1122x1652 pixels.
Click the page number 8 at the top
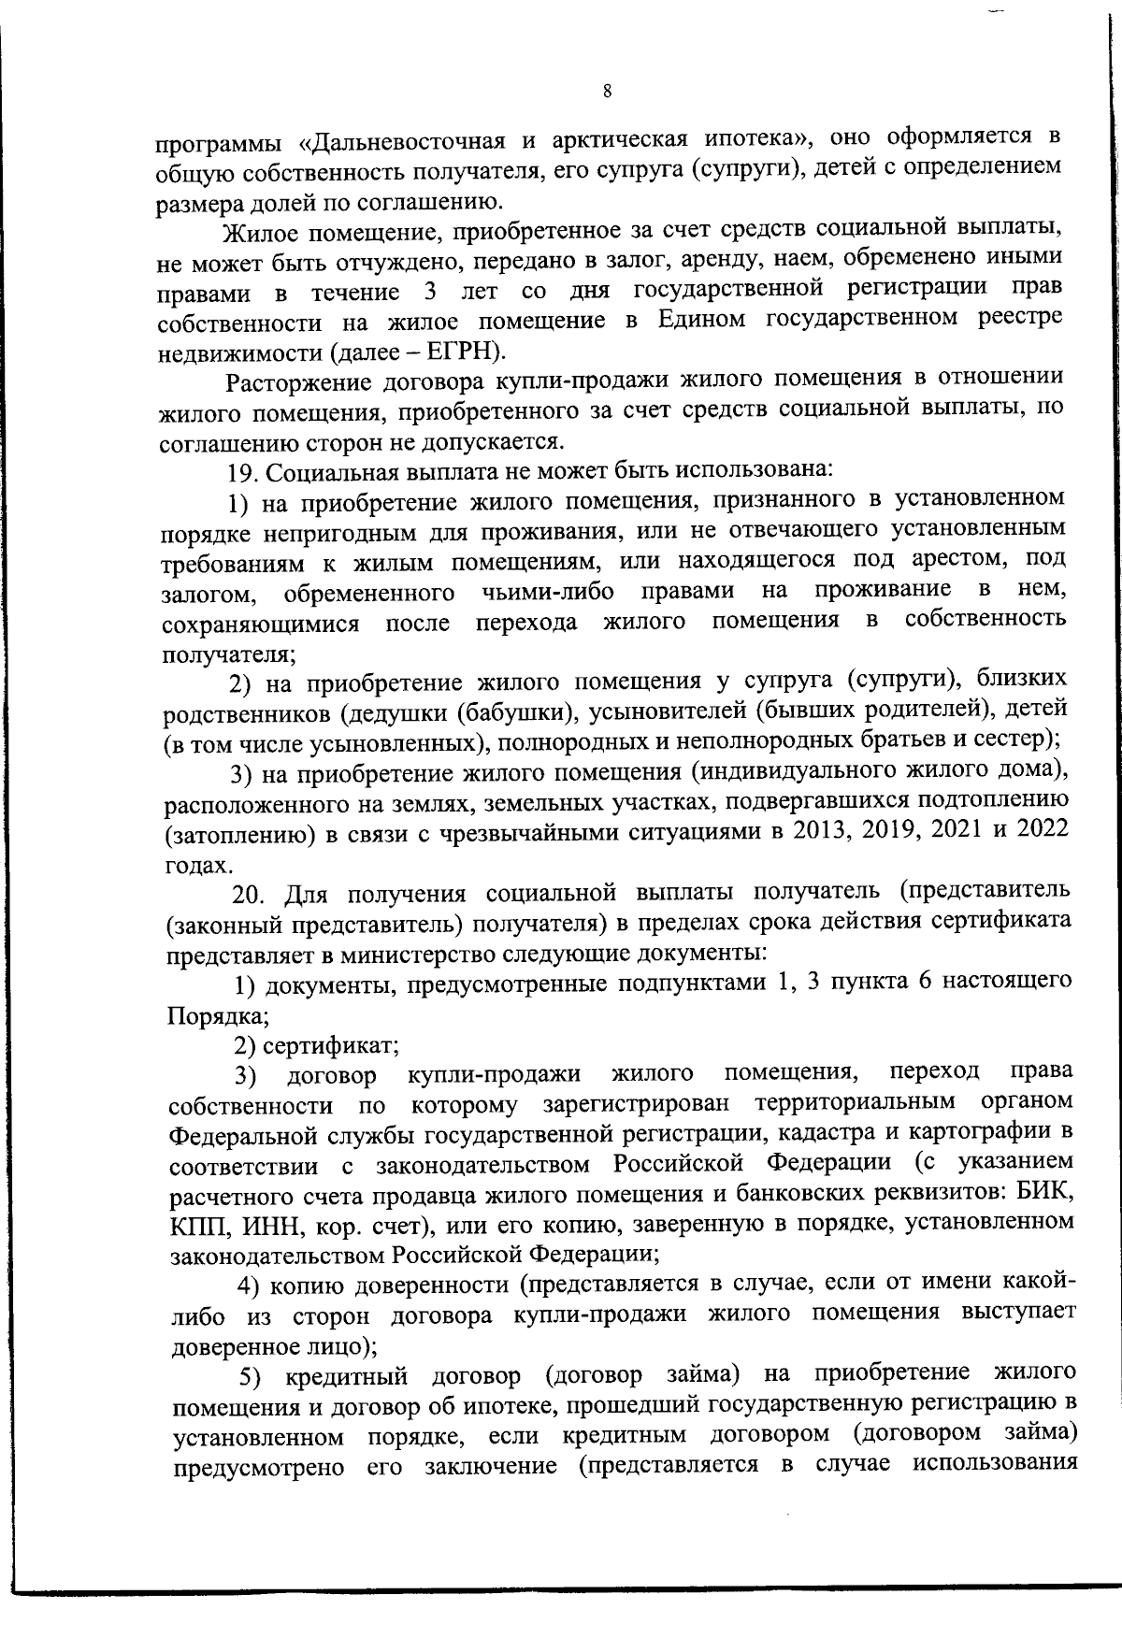coord(607,91)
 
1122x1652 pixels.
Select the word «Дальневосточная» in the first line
coord(403,143)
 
